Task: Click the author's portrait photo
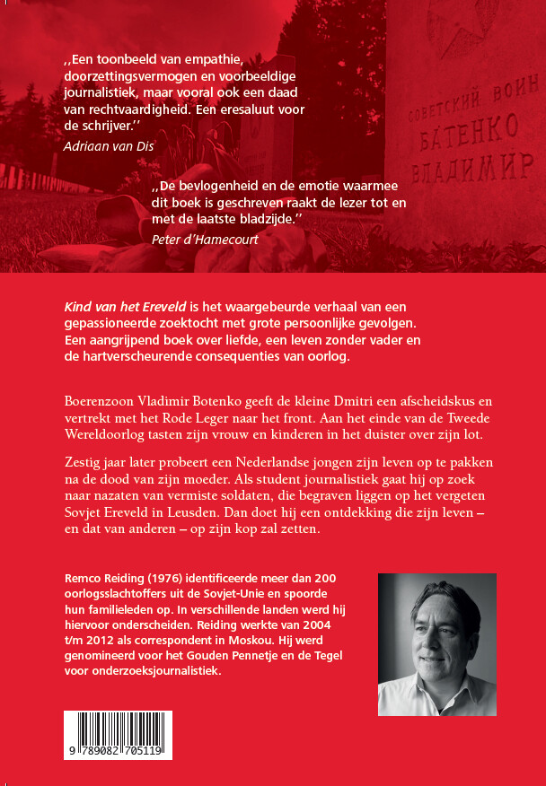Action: (x=437, y=644)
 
